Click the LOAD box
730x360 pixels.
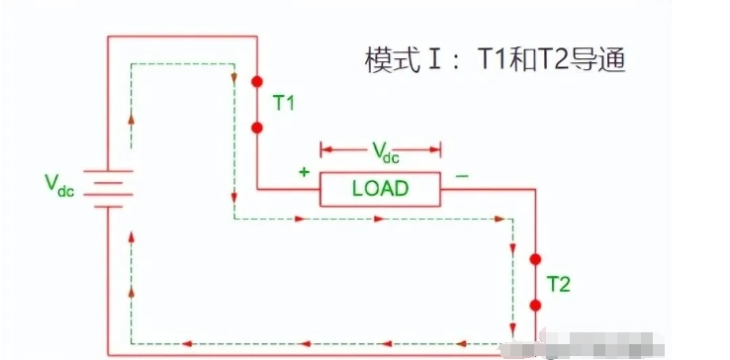click(x=380, y=188)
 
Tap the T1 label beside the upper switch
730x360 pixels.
click(x=285, y=101)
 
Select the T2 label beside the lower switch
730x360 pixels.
click(x=559, y=284)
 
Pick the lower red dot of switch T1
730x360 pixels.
click(x=257, y=128)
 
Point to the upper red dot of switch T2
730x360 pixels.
click(x=535, y=259)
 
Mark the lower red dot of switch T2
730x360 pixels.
click(x=535, y=308)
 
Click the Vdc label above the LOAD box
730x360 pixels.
click(x=380, y=151)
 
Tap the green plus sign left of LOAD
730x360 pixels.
click(x=304, y=172)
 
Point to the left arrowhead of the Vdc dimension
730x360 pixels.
click(x=324, y=151)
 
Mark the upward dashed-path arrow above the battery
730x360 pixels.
click(x=131, y=116)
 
